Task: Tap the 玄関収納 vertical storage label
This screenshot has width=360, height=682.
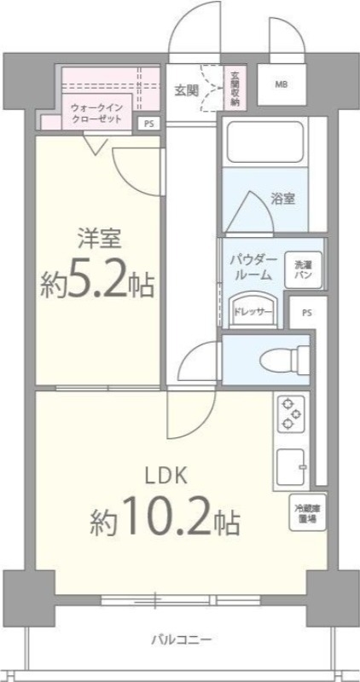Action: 234,88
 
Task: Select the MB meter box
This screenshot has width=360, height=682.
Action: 281,85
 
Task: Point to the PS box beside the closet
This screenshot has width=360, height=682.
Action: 149,123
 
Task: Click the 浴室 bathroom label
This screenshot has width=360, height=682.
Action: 283,199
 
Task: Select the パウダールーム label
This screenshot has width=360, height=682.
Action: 252,268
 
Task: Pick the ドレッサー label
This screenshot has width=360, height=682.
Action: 253,312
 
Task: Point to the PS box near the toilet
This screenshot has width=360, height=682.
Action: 305,313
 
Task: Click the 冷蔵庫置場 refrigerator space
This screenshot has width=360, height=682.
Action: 307,514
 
